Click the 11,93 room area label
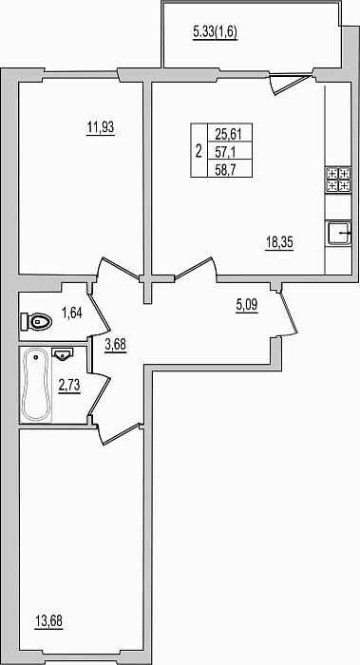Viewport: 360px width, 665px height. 101,126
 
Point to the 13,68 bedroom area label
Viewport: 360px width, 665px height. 48,621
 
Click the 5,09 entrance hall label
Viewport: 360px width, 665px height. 247,305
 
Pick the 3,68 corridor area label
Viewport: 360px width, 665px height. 116,345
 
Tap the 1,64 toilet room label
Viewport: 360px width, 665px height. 72,313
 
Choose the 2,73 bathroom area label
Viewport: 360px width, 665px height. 69,387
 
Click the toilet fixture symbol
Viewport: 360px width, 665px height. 36,322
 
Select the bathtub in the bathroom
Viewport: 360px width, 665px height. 36,385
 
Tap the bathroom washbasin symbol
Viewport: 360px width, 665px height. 63,353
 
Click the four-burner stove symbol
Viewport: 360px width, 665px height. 338,180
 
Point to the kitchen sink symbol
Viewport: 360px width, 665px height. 339,233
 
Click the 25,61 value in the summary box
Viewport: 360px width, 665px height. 228,135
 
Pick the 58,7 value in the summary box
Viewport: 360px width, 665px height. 226,170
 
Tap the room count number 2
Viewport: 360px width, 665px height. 199,151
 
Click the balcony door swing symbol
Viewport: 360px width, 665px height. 289,85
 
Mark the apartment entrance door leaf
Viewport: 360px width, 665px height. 288,313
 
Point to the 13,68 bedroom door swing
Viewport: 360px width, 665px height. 118,433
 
